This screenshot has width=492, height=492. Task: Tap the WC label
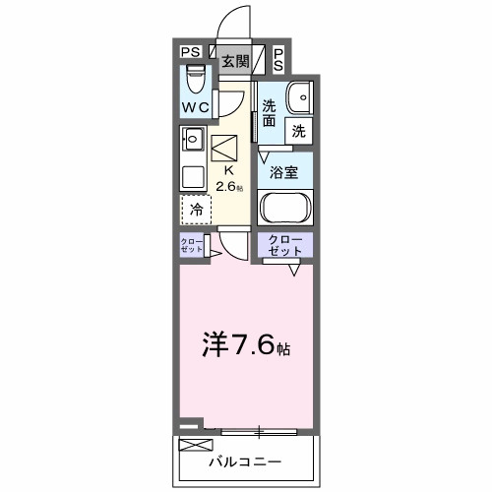pos(193,105)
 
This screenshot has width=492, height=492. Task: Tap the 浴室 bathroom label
pos(285,171)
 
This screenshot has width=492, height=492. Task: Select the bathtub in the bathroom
pos(285,209)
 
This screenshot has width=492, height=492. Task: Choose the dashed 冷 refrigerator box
pos(197,209)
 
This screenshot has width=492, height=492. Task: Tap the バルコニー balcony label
pos(245,461)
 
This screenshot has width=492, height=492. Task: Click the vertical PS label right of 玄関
pos(278,60)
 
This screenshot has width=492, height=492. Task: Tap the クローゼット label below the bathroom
pos(286,244)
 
